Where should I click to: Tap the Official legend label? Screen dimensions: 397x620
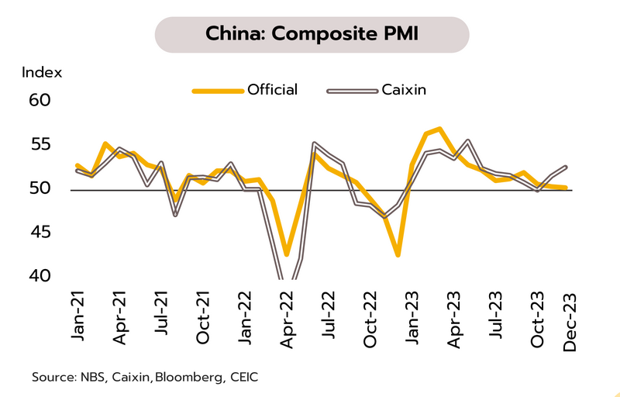click(x=272, y=90)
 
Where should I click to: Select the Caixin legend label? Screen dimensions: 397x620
click(x=405, y=90)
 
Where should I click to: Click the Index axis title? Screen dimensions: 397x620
click(x=42, y=73)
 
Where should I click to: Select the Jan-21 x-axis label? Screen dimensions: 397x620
click(x=78, y=315)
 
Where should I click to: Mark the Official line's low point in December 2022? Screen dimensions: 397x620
click(x=398, y=254)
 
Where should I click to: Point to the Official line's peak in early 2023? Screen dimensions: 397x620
click(x=439, y=129)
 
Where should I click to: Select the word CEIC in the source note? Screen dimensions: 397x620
click(x=242, y=378)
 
